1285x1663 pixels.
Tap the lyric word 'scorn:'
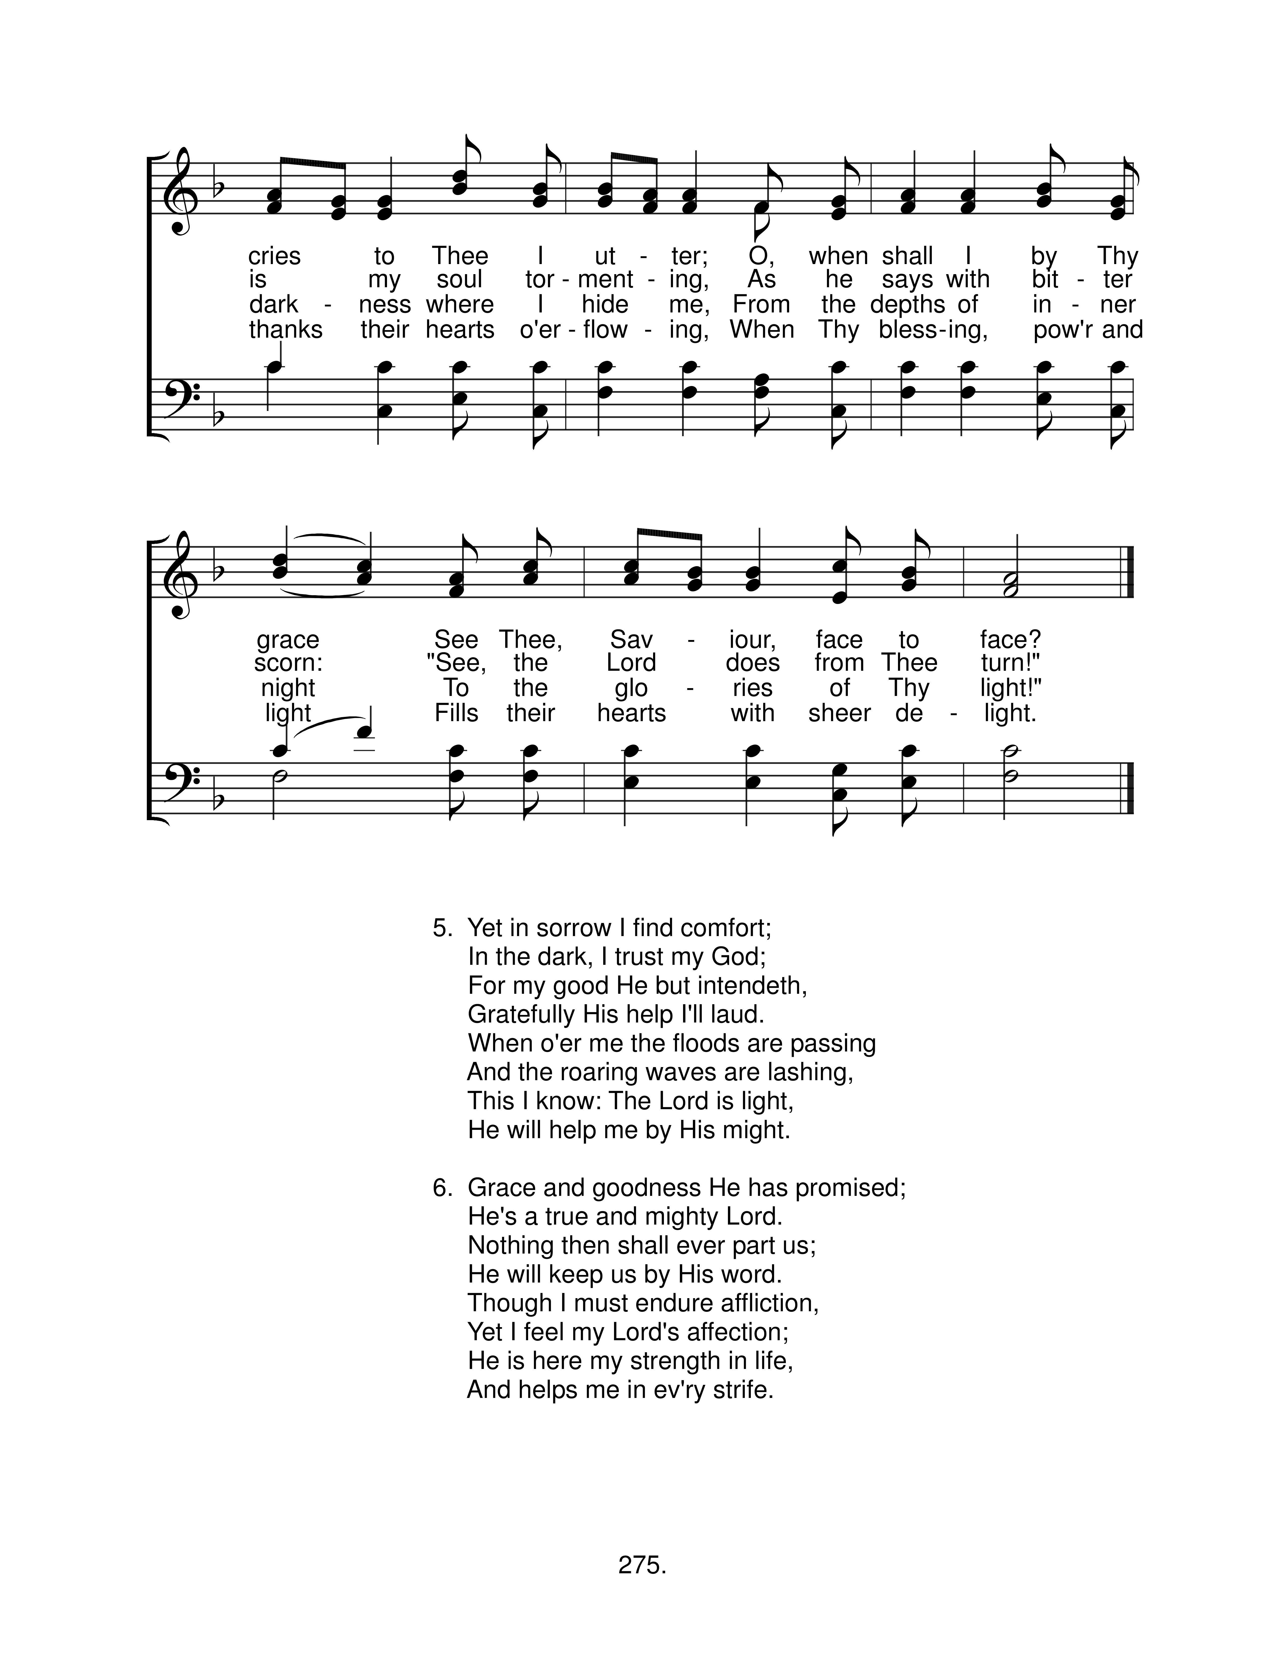pos(288,663)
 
